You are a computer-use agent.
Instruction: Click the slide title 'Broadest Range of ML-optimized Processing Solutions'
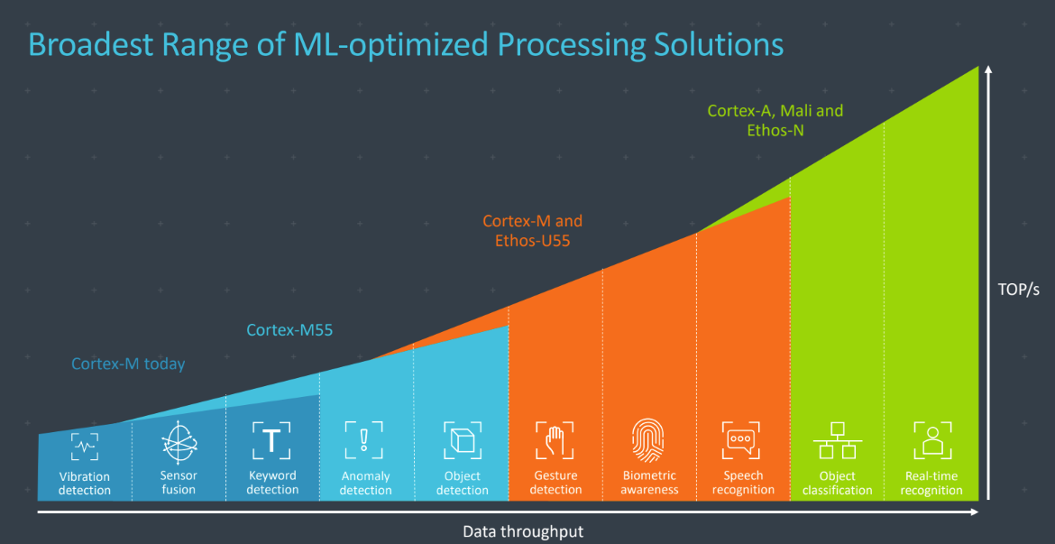coord(406,44)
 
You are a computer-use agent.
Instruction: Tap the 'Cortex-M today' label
coord(128,364)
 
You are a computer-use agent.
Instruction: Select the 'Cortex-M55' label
coord(289,330)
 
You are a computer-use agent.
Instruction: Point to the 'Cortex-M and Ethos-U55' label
coord(532,231)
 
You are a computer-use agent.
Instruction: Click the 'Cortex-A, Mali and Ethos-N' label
coord(775,120)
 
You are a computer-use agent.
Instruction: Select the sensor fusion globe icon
coord(179,442)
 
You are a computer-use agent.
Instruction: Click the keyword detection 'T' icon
coord(271,440)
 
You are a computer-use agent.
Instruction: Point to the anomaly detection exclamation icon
coord(363,440)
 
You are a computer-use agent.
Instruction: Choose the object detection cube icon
coord(463,440)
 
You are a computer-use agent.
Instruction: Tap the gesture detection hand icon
coord(555,440)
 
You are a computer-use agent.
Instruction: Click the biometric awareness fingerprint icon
coord(649,440)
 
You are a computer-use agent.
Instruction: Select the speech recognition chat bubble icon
coord(743,440)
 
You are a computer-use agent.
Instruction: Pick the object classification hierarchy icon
coord(838,441)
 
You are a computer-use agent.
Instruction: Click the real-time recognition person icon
coord(931,440)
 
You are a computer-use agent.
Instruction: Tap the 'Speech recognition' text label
coord(743,483)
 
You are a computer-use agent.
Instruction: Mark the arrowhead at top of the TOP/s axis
coord(989,69)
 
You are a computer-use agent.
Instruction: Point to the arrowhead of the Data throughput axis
coord(976,512)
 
